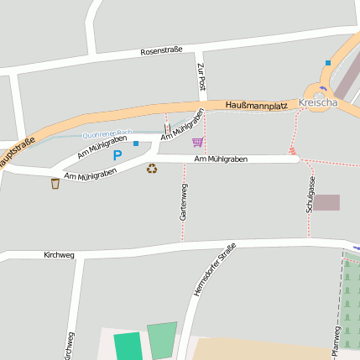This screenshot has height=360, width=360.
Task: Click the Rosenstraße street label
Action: tap(162, 51)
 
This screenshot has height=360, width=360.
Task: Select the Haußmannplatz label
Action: tap(256, 105)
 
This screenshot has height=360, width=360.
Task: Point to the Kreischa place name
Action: tap(318, 102)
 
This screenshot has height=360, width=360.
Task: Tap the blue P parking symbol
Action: tap(117, 155)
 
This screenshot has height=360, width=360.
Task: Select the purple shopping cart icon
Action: tap(197, 142)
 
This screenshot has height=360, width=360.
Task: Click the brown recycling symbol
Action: tap(152, 169)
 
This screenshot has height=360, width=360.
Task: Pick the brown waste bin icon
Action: tap(55, 183)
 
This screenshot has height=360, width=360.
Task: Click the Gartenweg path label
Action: tap(183, 202)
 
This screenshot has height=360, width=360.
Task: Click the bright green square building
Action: tap(128, 347)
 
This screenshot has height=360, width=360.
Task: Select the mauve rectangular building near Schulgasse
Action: tap(326, 202)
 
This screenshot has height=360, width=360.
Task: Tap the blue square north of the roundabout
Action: tap(328, 63)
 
